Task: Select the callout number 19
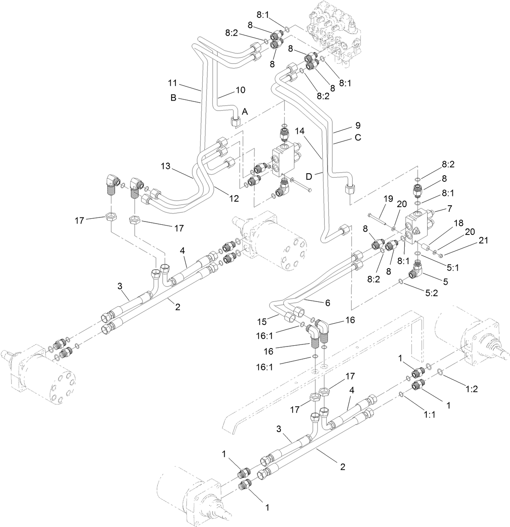[x=388, y=199]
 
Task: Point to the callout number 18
[x=458, y=223]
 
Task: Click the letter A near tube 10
[x=245, y=111]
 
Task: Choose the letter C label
[x=358, y=138]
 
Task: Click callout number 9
[x=358, y=125]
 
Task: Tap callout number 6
[x=328, y=303]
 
